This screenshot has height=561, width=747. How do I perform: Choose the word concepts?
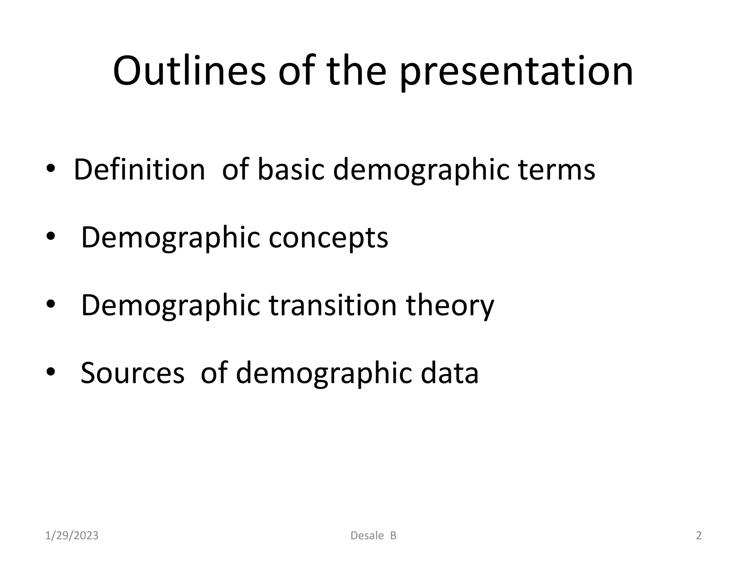[328, 238]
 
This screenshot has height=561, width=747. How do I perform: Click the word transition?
[333, 305]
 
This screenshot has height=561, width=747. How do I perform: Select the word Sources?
[132, 373]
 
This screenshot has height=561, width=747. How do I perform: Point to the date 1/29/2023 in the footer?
[72, 535]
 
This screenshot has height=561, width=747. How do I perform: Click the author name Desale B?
[373, 535]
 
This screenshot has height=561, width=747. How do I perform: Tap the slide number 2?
[698, 535]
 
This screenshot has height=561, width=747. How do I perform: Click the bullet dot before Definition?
[50, 169]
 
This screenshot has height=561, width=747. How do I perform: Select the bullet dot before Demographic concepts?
[50, 237]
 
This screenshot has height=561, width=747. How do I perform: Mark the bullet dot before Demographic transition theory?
[50, 304]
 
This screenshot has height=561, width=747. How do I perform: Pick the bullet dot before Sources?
[50, 372]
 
